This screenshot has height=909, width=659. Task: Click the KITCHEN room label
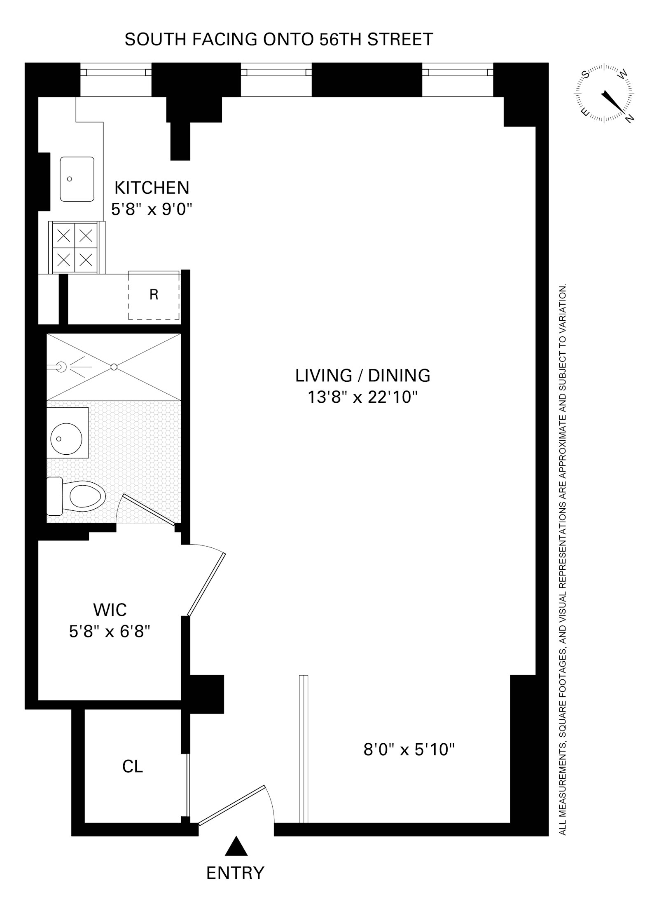pyautogui.click(x=152, y=188)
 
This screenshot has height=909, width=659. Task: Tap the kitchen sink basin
pyautogui.click(x=77, y=179)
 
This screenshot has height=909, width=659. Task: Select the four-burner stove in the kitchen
pyautogui.click(x=75, y=247)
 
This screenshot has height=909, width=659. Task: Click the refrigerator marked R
pyautogui.click(x=154, y=295)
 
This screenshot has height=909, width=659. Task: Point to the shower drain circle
pyautogui.click(x=114, y=366)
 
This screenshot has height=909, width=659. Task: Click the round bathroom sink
pyautogui.click(x=63, y=438)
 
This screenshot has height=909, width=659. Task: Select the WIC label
pyautogui.click(x=110, y=610)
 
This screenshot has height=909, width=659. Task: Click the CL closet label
pyautogui.click(x=133, y=766)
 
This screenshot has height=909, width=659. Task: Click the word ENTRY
pyautogui.click(x=235, y=873)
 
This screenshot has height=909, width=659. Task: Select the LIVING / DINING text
pyautogui.click(x=363, y=376)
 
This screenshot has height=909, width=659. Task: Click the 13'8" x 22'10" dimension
pyautogui.click(x=363, y=398)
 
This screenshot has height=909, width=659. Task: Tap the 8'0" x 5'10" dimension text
pyautogui.click(x=409, y=749)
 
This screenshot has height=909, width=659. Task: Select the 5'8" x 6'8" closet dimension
pyautogui.click(x=109, y=632)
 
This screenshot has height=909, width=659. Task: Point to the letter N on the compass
pyautogui.click(x=629, y=118)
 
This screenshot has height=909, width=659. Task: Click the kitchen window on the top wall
pyautogui.click(x=116, y=72)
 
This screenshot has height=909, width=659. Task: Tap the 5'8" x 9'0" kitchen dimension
pyautogui.click(x=152, y=210)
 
